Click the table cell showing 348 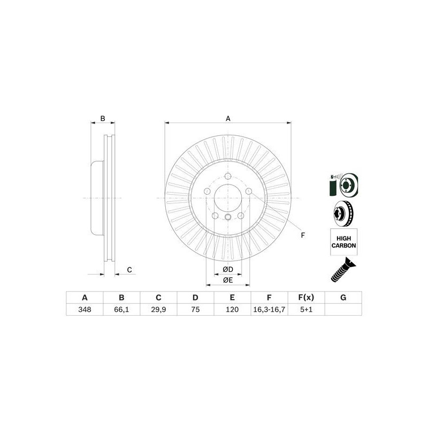point(85,310)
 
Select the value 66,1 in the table point(121,310)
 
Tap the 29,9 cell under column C point(158,310)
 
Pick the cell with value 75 point(195,310)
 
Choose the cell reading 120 point(232,310)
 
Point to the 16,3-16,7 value point(269,310)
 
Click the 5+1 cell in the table point(306,310)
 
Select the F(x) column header point(306,297)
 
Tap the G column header point(343,297)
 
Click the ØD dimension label point(228,270)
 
